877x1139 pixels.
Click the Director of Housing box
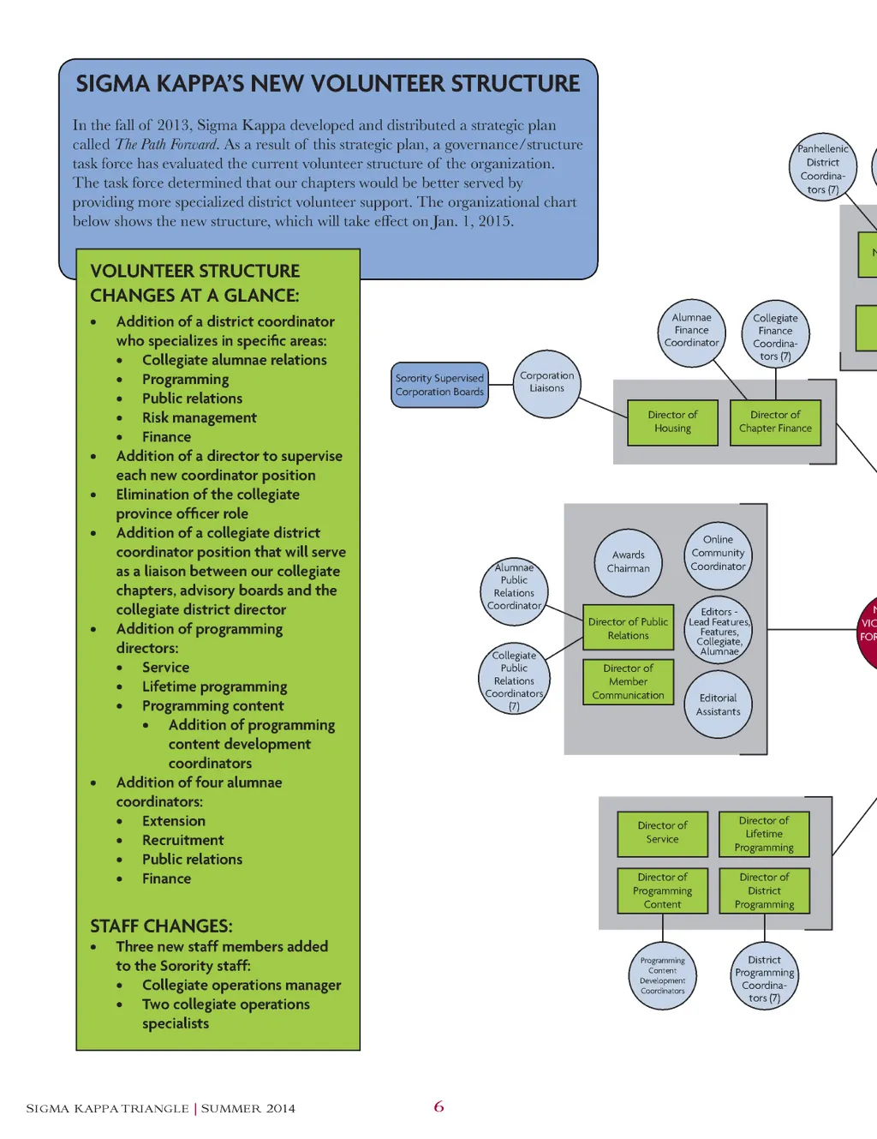672,422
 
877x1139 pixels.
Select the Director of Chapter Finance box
775,422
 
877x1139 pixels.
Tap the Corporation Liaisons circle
547,383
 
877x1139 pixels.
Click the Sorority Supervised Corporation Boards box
439,385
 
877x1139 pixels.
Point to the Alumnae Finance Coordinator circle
692,331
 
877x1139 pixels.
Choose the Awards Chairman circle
629,562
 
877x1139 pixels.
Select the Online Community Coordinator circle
718,554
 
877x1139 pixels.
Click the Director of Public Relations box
629,629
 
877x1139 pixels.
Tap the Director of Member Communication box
629,682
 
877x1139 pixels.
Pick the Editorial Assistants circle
718,705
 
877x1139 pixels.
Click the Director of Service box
662,833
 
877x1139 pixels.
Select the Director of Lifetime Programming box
764,834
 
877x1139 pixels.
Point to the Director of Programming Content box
662,890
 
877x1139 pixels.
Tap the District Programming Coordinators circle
764,979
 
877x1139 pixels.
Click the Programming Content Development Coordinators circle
662,976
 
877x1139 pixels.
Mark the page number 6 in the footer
438,1106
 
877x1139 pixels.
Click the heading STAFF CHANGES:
161,926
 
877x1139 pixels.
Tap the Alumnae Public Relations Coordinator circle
514,587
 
